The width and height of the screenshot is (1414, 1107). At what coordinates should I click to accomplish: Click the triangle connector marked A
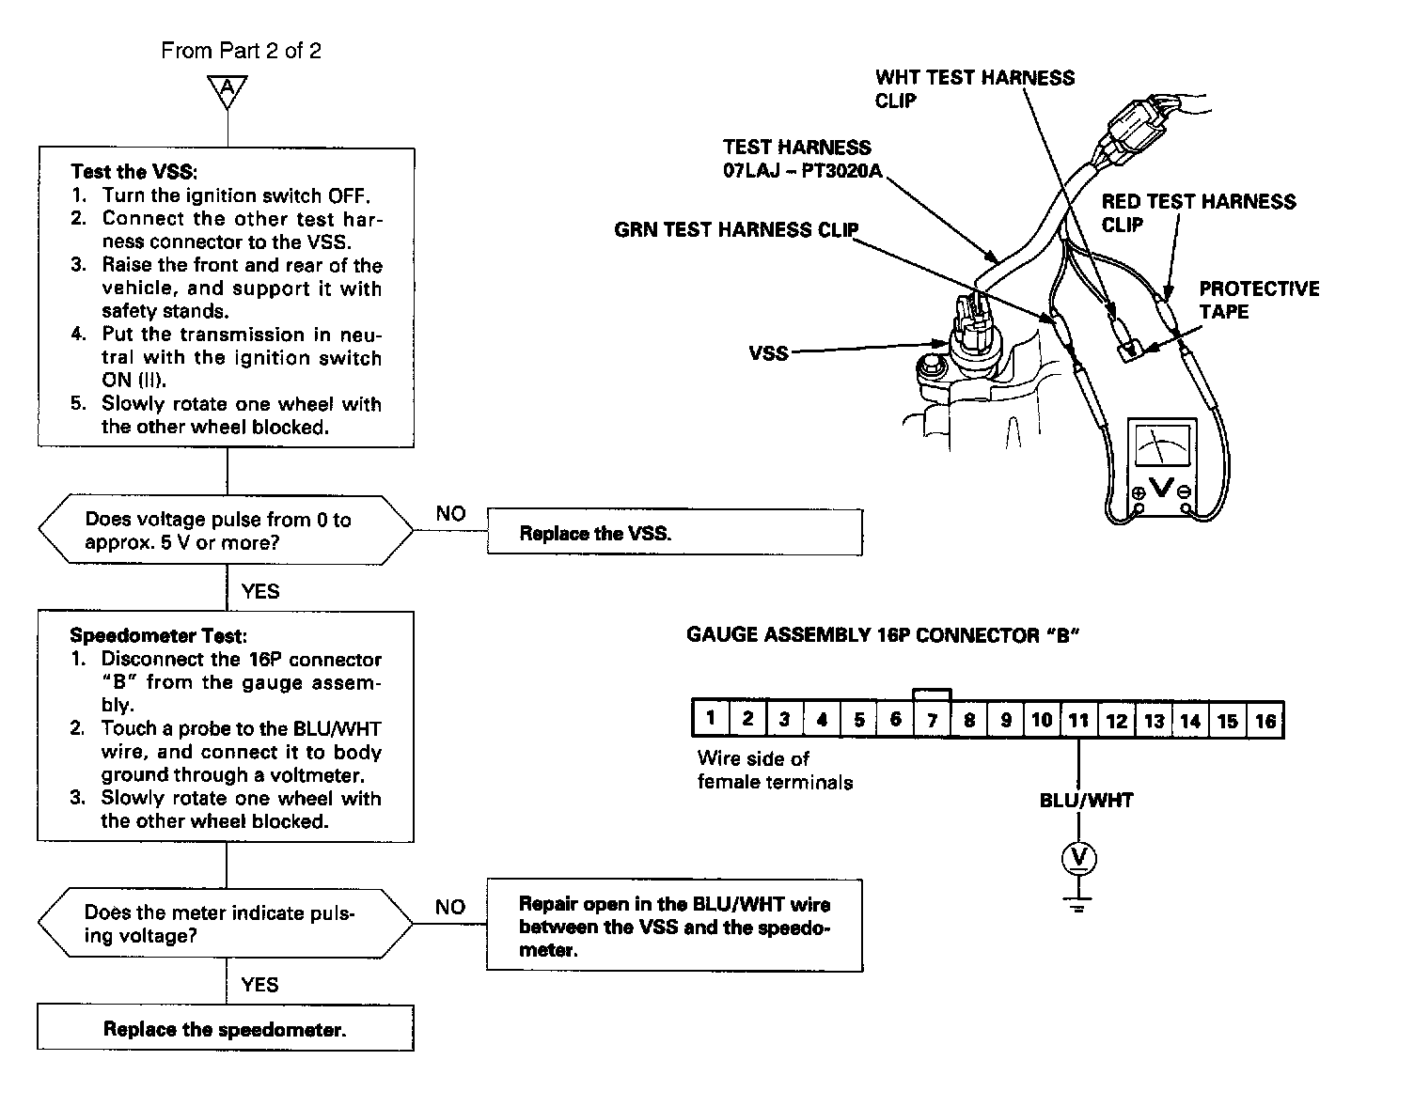point(227,90)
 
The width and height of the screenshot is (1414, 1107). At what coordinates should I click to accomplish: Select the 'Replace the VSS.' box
point(674,533)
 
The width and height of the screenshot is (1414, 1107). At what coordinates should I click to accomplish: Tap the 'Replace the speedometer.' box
point(225,1029)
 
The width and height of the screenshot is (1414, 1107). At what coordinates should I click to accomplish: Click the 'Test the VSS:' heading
point(135,172)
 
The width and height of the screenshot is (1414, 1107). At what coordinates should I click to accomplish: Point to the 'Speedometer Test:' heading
point(157,636)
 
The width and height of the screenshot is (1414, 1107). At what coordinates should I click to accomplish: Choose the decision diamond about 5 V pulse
point(225,531)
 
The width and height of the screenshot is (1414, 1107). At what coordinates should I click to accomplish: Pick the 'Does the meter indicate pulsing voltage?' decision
point(225,924)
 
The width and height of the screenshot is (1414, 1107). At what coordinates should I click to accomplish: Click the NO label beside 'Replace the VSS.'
point(450,514)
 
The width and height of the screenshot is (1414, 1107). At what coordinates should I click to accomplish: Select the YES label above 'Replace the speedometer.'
point(259,984)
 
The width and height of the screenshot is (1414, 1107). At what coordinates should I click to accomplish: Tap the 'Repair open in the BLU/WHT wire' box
point(674,927)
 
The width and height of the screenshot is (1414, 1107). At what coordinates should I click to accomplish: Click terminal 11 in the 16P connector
point(1078,720)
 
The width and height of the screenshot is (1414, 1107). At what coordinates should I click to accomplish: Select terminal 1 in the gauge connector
point(711,719)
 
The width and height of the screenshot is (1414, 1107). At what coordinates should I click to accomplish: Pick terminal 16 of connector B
point(1265,721)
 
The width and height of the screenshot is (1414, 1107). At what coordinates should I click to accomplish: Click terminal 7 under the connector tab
point(932,720)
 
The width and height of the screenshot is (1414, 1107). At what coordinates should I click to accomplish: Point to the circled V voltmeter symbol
point(1078,857)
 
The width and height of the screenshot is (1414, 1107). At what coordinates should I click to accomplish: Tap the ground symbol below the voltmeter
point(1078,905)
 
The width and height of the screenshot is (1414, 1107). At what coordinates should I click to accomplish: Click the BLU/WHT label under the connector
point(1086,801)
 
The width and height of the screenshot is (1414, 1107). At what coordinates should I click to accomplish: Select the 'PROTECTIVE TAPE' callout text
point(1259,300)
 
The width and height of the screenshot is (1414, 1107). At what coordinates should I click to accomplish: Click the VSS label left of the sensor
point(768,354)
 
